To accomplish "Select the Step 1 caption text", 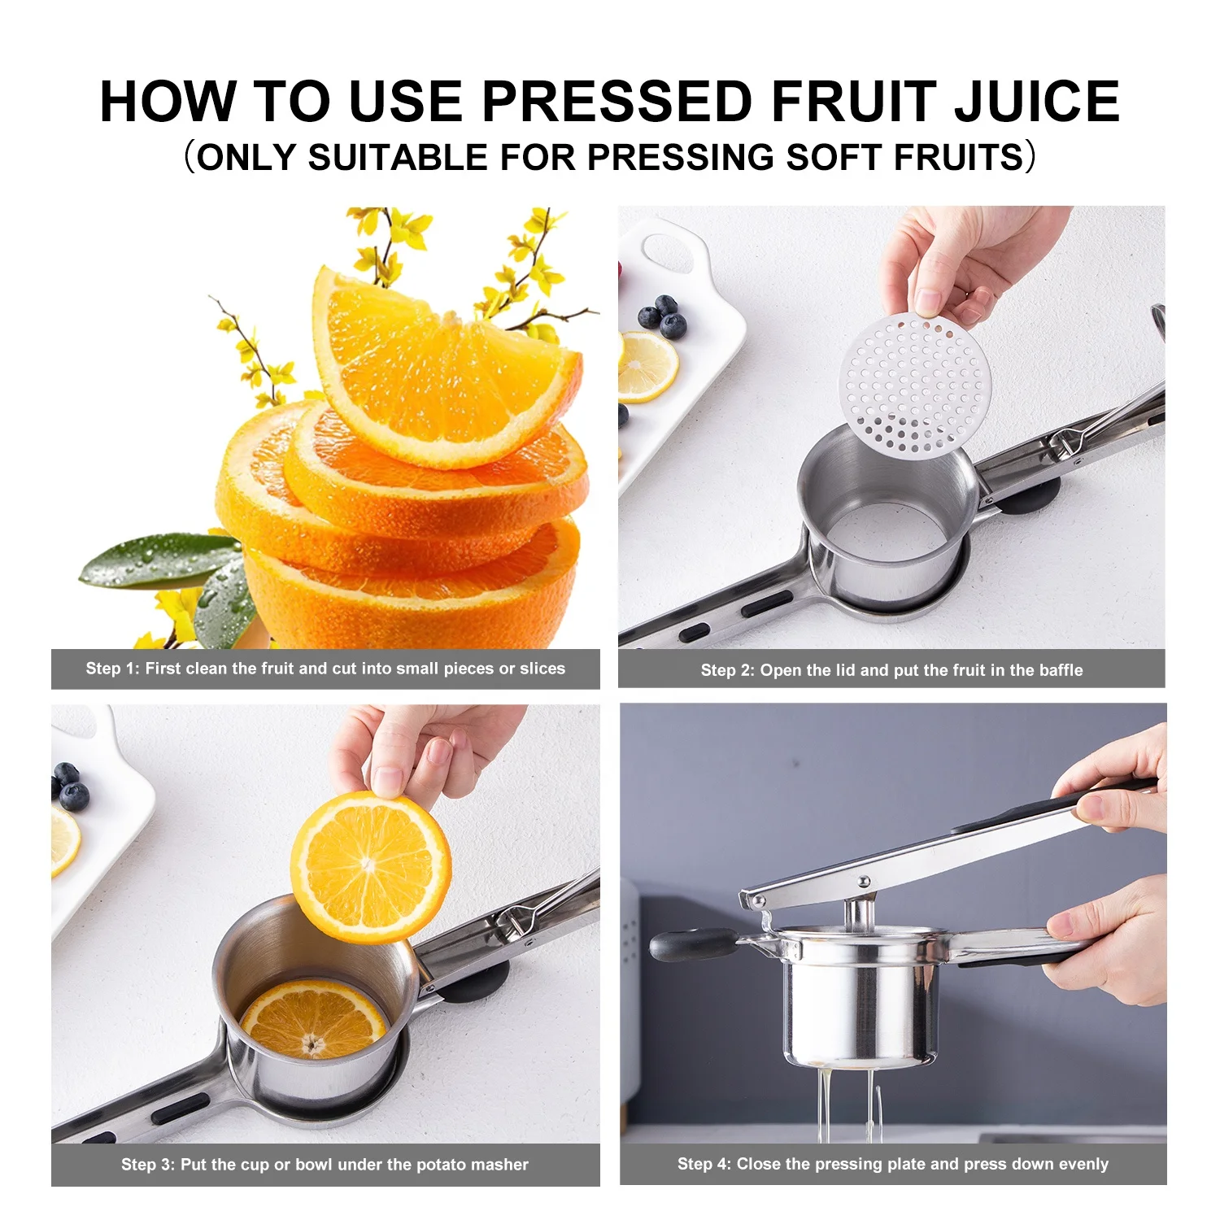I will [x=325, y=669].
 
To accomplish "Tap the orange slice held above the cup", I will [x=371, y=866].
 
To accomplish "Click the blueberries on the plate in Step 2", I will [x=664, y=317].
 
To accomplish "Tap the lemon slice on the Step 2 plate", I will [x=647, y=367].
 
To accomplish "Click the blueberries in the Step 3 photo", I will [x=69, y=785].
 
